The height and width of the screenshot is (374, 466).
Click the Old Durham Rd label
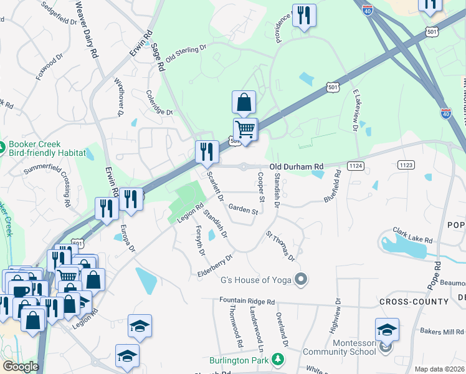pyautogui.click(x=297, y=166)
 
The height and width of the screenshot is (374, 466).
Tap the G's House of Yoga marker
pyautogui.click(x=302, y=279)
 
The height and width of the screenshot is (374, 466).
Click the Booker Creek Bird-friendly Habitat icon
pyautogui.click(x=4, y=147)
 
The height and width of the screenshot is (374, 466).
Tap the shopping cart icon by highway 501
pyautogui.click(x=245, y=130)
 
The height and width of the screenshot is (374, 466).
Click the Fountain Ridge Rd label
pyautogui.click(x=247, y=301)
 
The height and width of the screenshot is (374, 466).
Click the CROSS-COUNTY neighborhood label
pyautogui.click(x=414, y=302)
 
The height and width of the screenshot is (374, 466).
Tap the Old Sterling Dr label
pyautogui.click(x=185, y=55)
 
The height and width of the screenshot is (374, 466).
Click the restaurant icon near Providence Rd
pyautogui.click(x=304, y=15)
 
